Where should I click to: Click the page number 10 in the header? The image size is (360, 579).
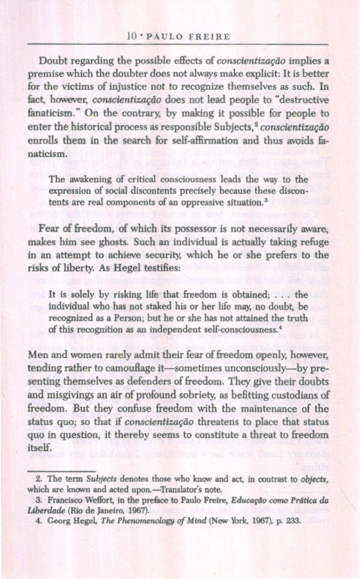[x=133, y=36]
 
